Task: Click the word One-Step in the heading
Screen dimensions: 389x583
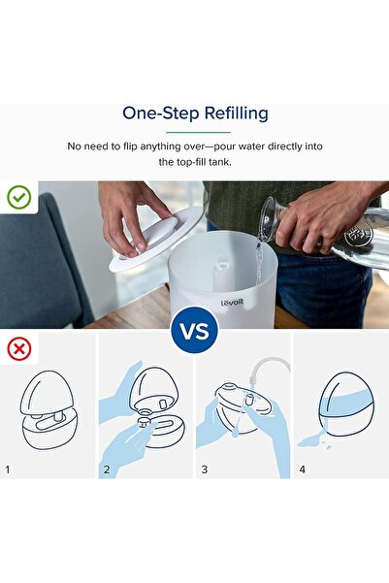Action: [x=161, y=113]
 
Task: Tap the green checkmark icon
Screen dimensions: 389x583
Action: [x=19, y=197]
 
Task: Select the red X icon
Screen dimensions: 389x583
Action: [x=19, y=349]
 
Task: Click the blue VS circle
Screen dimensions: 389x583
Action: [x=194, y=330]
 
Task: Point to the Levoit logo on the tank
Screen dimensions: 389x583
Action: [x=232, y=303]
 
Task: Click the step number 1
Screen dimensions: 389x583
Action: [x=8, y=470]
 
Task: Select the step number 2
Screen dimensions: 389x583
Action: [x=107, y=470]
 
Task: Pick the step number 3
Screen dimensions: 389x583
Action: [x=204, y=470]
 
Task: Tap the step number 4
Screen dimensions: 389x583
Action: [x=303, y=470]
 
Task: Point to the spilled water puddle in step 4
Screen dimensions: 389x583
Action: [x=312, y=441]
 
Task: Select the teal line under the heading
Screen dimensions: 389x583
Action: [x=198, y=132]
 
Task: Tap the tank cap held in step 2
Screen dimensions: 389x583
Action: [x=144, y=422]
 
